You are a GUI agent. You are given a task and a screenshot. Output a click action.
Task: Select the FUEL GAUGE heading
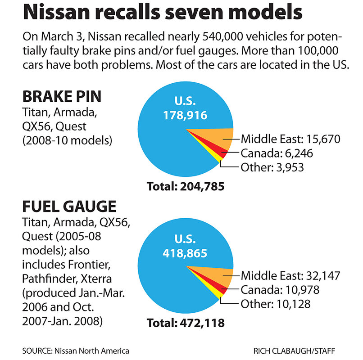(x=69, y=207)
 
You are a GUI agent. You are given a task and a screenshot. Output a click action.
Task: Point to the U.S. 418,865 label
(x=185, y=247)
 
